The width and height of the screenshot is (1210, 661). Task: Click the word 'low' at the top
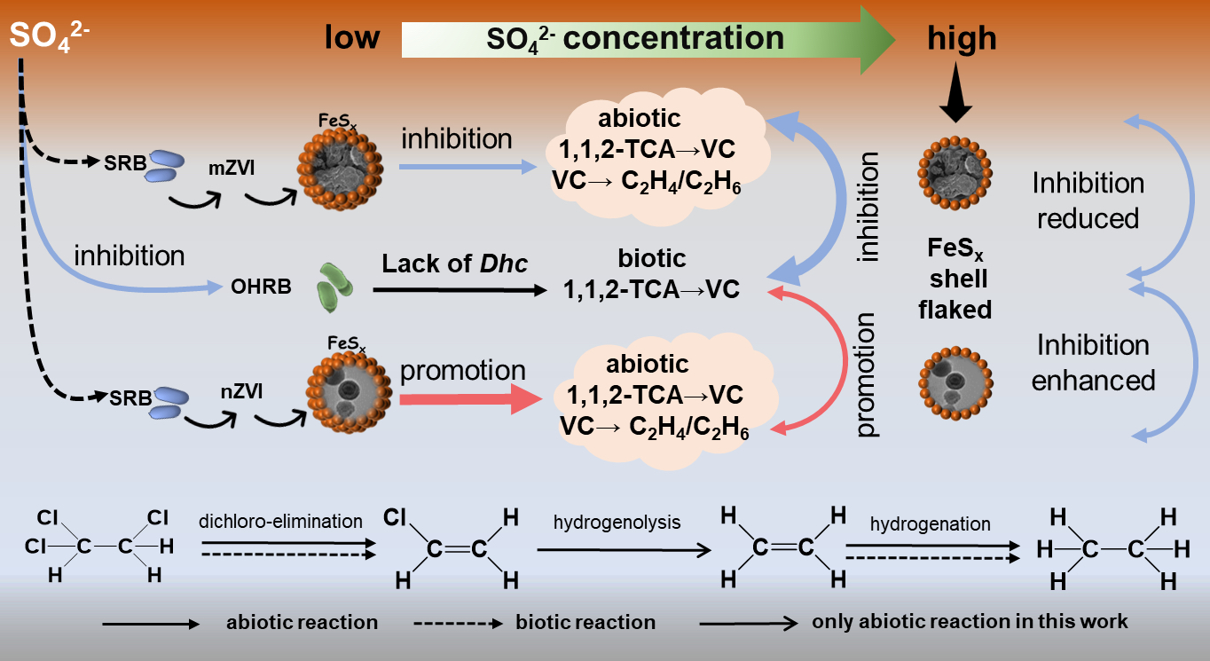[351, 38]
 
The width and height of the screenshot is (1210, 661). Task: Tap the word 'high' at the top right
[962, 38]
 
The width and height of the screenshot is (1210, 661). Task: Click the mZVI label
[228, 163]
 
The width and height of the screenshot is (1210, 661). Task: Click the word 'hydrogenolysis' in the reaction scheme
[617, 523]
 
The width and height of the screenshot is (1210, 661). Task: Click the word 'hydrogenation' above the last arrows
[930, 524]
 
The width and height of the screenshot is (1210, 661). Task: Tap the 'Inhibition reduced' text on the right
[1088, 201]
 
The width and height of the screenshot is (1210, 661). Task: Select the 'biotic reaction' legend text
[585, 622]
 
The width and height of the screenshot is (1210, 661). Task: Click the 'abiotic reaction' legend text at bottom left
[302, 622]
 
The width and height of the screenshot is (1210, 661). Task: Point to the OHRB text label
[263, 287]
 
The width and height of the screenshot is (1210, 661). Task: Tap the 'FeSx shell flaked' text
[959, 280]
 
